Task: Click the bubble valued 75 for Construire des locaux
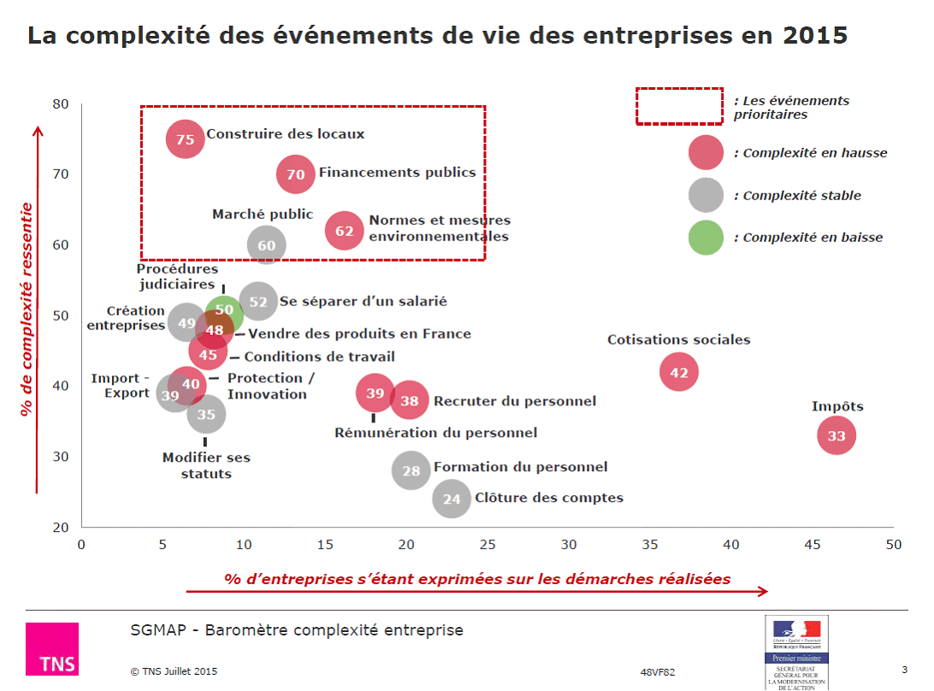(x=186, y=139)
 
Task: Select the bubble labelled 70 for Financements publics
(x=296, y=174)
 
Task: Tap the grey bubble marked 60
(x=266, y=245)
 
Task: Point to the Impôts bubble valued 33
(x=836, y=436)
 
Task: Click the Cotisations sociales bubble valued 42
(x=679, y=372)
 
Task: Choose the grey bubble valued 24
(x=452, y=499)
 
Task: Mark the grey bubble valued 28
(x=411, y=470)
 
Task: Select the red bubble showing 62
(x=345, y=231)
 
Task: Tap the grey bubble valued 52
(x=258, y=302)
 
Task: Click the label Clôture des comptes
(x=548, y=498)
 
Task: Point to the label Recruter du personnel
(x=515, y=401)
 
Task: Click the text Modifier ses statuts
(x=206, y=466)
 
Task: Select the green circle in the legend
(x=706, y=237)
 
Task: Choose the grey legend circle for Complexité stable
(x=706, y=195)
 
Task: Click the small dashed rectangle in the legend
(x=680, y=106)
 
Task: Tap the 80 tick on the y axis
(x=61, y=104)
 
